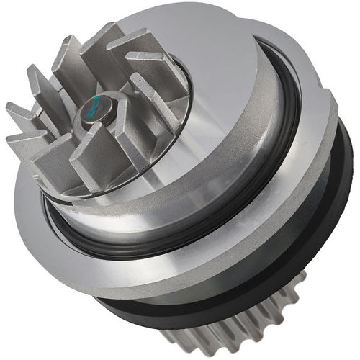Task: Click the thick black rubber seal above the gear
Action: point(317,238)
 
